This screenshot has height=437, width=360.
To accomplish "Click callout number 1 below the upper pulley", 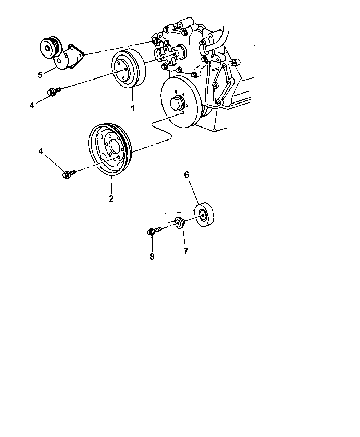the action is click(133, 108).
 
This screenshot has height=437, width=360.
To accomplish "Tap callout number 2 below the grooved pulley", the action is click(111, 198).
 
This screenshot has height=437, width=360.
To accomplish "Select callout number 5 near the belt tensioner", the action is click(40, 75).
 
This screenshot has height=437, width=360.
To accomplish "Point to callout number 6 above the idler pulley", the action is click(187, 174).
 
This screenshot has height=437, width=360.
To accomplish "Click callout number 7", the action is click(185, 251).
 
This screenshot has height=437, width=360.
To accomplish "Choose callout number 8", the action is click(152, 256).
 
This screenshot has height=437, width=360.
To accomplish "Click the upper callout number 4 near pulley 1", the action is click(32, 105).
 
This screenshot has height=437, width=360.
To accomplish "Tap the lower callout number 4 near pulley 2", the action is click(41, 151).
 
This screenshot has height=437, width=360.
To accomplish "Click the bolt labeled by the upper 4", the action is click(54, 91).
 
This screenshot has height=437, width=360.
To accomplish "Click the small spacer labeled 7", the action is click(179, 223).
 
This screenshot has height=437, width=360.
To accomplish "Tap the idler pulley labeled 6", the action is click(204, 215).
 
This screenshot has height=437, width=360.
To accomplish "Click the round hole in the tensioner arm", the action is click(59, 61).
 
